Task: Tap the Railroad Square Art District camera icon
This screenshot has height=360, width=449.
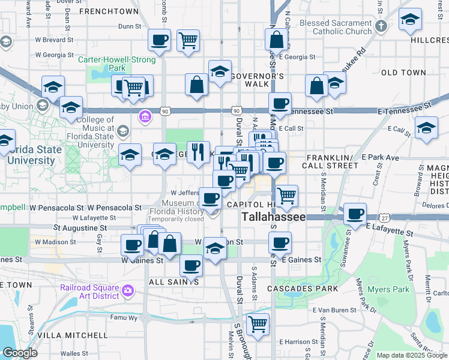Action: point(127,291)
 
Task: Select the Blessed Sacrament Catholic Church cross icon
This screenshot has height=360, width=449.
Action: point(382,26)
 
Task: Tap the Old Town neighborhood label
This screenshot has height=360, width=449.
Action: point(403,73)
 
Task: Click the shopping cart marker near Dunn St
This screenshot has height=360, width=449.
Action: point(188,41)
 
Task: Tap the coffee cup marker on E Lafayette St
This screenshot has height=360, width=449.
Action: point(355,214)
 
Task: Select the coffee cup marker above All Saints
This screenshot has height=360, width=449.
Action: point(191,265)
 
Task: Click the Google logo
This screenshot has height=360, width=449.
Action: point(19,353)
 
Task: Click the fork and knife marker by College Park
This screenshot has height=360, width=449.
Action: point(198,151)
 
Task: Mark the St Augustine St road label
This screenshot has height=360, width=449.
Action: point(80,228)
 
